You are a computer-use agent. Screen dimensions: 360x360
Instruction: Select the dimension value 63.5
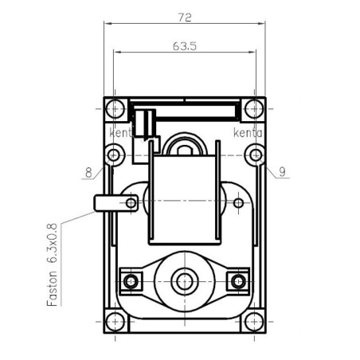[x=184, y=46]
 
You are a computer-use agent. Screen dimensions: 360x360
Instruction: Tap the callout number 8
[x=88, y=170]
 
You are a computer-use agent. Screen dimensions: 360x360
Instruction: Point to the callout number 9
[x=283, y=170]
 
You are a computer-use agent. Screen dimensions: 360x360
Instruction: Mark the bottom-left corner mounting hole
[x=115, y=322]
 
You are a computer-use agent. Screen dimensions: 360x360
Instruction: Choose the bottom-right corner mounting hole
[x=253, y=322]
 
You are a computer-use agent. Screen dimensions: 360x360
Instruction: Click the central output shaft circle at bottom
[x=185, y=280]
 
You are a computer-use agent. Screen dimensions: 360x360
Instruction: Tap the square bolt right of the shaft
[x=237, y=280]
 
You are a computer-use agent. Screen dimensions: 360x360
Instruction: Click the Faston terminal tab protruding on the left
[x=104, y=203]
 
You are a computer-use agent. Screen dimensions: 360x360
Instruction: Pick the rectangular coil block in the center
[x=184, y=199]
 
